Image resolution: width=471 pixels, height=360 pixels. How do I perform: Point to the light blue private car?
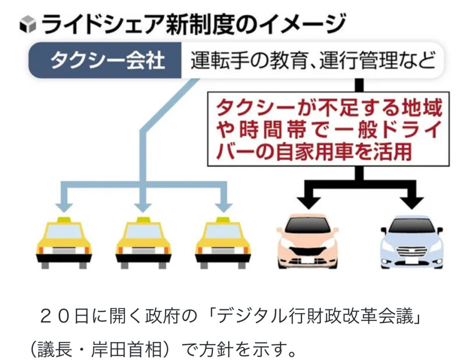(411, 242)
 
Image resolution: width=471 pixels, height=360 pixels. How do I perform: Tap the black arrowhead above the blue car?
(411, 200)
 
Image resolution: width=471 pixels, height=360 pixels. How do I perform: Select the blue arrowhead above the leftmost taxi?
(63, 201)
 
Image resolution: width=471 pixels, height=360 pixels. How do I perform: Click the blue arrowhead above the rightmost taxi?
(224, 201)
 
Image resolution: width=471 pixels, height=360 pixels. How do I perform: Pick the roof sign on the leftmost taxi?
(63, 219)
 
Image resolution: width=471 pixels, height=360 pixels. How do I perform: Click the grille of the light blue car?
(411, 251)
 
